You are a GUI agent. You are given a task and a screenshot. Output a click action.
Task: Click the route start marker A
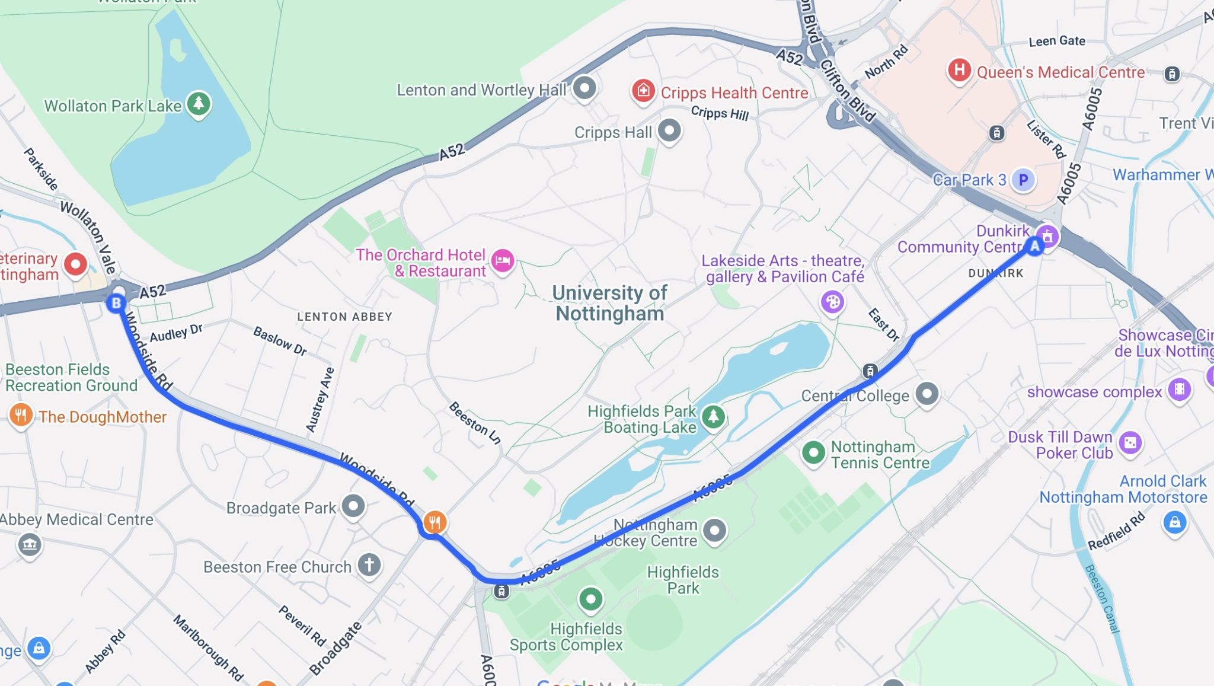tap(1034, 246)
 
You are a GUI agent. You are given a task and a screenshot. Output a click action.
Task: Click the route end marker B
tap(116, 304)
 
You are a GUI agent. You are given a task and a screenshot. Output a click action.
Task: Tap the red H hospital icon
tap(959, 71)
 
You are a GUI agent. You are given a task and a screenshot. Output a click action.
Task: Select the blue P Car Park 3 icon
tap(1023, 180)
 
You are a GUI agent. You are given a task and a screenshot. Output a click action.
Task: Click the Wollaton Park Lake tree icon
tap(199, 104)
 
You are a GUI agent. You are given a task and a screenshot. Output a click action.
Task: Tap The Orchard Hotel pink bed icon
tap(503, 260)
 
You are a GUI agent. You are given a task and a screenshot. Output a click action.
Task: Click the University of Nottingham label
tap(609, 303)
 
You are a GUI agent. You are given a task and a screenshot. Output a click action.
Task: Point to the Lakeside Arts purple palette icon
tap(832, 302)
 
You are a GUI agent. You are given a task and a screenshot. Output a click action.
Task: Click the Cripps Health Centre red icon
tap(643, 91)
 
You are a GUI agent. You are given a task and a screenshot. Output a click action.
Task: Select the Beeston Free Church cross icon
tap(369, 564)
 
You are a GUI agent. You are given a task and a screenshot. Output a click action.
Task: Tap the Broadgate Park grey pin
tap(353, 506)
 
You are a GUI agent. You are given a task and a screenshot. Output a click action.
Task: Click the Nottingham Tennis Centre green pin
tap(813, 453)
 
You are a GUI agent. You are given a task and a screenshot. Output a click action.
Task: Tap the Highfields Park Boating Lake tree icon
tap(713, 417)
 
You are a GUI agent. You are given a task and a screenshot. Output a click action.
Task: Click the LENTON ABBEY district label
tap(344, 317)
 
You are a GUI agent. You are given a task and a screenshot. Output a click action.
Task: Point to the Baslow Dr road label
tap(280, 341)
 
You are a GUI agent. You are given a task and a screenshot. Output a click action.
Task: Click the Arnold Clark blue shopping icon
tap(1174, 522)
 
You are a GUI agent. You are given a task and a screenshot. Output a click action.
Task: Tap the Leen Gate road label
tap(1057, 41)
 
